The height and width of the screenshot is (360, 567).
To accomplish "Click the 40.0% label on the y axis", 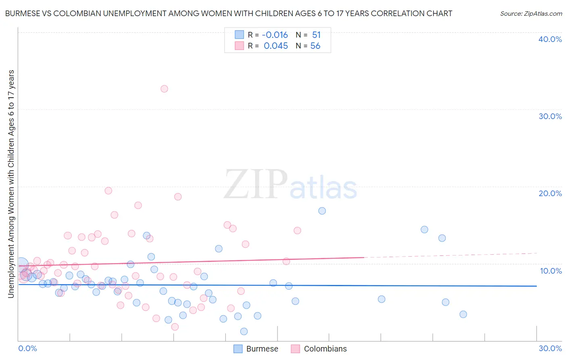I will tap(550, 39).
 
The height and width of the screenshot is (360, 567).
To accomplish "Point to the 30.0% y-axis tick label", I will tap(550, 116).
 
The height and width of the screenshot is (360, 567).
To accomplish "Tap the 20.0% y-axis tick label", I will tap(550, 193).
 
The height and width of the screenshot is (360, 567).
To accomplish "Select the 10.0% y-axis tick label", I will tap(551, 271).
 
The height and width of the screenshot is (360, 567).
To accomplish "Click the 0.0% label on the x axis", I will tap(27, 348).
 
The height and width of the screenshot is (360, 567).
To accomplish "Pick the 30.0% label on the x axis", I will tap(550, 348).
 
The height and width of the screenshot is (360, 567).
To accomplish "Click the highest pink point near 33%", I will tap(164, 89).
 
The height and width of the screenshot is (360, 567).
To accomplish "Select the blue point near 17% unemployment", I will tap(322, 211).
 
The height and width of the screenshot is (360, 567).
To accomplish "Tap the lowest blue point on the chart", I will tap(244, 331).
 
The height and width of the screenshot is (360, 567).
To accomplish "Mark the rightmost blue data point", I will tap(463, 314).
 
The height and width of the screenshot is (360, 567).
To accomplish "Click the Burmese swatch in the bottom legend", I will tap(238, 349).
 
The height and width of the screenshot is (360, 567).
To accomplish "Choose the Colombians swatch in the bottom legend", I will tap(296, 349).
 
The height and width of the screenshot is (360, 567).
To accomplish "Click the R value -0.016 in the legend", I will tap(275, 35).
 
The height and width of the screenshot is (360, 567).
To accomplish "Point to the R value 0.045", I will tap(276, 46).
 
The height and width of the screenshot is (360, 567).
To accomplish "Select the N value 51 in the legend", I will tap(316, 35).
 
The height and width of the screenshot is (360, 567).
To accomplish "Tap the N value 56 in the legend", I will tap(315, 46).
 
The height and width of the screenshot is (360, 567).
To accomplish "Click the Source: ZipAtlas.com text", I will tap(531, 14).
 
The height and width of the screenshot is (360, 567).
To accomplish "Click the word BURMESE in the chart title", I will tap(24, 14).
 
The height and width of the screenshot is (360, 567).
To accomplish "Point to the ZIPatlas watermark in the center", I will tap(290, 185).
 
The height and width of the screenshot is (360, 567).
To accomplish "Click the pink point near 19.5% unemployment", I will tap(108, 190).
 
